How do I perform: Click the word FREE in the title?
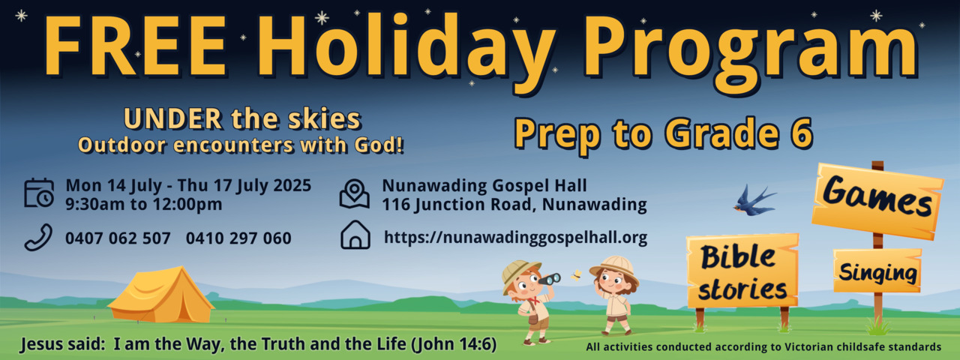pos(136,47)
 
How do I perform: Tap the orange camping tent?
pos(161,295)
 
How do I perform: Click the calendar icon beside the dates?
pos(39,193)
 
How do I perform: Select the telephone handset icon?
pos(38,237)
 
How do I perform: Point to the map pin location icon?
pos(355,194)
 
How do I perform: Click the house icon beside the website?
pos(355,235)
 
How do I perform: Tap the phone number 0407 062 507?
pos(118,238)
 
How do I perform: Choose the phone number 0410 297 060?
pos(238,238)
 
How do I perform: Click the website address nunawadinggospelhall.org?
pos(515,238)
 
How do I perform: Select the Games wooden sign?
pos(877,200)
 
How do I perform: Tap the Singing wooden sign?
pos(877,271)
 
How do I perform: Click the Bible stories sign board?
pos(742,271)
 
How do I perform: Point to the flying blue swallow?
pos(754,200)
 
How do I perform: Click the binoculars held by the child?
pos(550,279)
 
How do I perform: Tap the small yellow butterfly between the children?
pos(577,275)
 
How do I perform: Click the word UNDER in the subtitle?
pos(173,118)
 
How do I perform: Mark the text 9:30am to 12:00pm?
pos(144,204)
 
